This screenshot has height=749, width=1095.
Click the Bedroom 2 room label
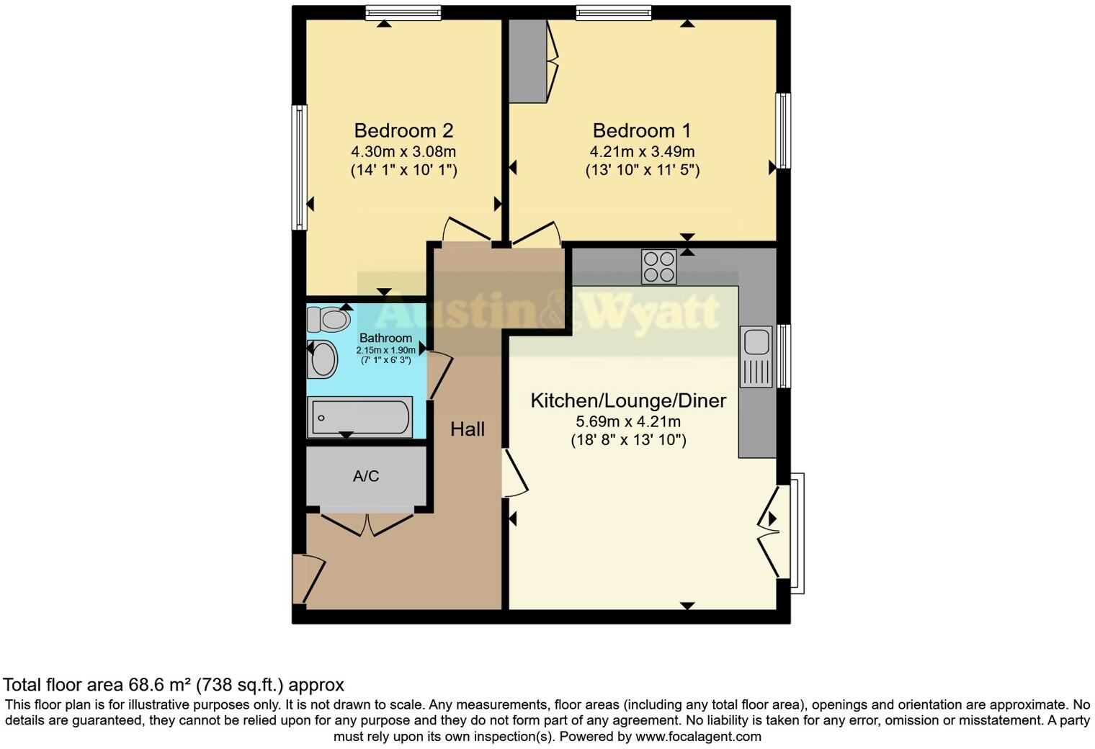click(x=403, y=130)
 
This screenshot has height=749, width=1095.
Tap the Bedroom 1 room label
click(x=641, y=130)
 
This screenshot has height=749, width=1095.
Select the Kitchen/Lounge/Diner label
click(x=628, y=400)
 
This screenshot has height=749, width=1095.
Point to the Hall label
click(x=467, y=429)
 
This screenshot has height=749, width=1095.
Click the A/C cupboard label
click(x=366, y=476)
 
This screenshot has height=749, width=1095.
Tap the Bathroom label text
click(x=385, y=338)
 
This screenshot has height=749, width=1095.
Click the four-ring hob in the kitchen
click(x=658, y=266)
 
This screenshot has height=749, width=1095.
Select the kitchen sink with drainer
click(x=756, y=357)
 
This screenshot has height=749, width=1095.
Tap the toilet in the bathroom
click(x=328, y=318)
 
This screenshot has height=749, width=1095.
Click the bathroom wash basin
click(x=323, y=359)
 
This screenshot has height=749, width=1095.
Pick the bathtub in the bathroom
click(x=360, y=417)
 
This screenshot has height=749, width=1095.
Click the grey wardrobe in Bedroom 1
click(x=528, y=61)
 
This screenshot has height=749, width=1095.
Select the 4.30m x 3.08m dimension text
click(x=403, y=152)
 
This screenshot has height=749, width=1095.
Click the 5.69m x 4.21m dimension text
click(x=628, y=421)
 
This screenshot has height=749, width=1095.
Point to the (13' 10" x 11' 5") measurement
click(x=642, y=171)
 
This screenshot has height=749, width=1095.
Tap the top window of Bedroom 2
click(x=403, y=12)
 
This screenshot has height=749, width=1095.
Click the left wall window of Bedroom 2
click(x=299, y=167)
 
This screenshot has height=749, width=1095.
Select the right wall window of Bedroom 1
click(x=783, y=130)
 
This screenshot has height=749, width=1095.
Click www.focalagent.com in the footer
click(x=698, y=737)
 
